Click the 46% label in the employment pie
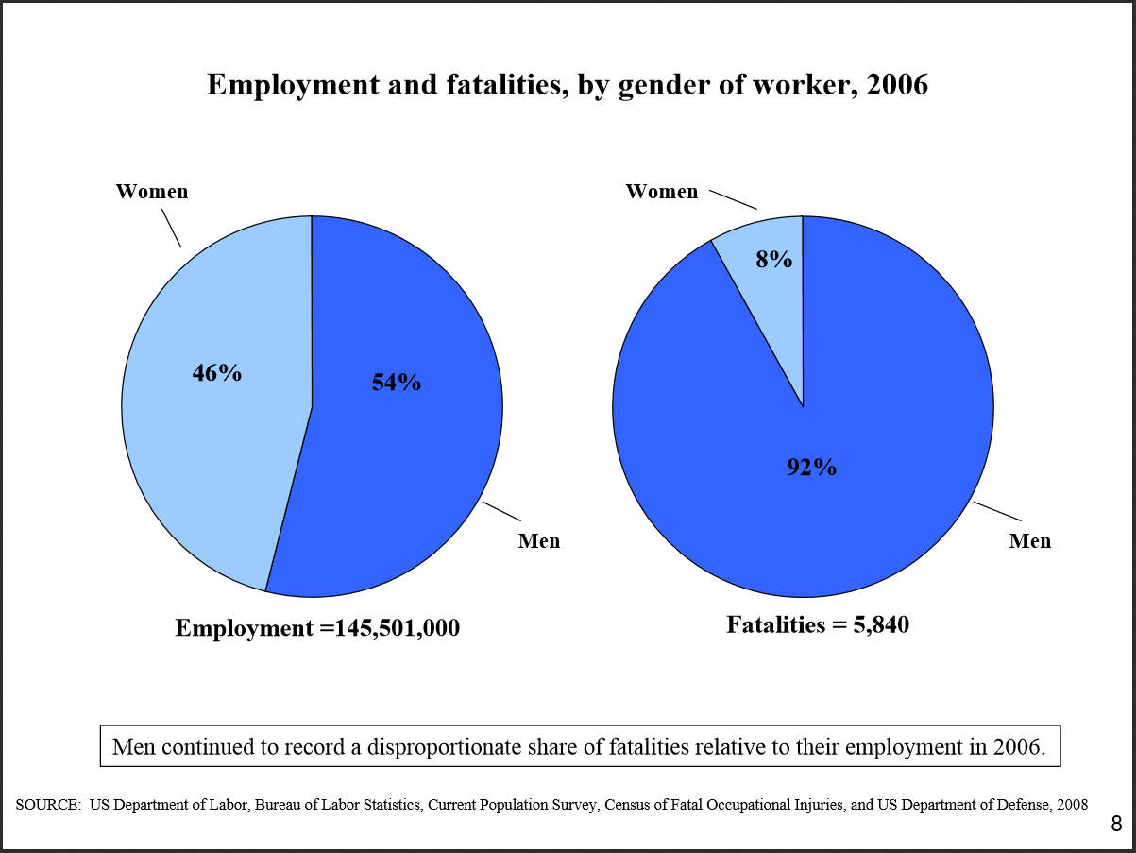[217, 373]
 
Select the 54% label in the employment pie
[397, 382]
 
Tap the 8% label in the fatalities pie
[774, 259]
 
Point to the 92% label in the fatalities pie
[811, 467]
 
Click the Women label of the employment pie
[152, 192]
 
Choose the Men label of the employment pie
[539, 541]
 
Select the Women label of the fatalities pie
[662, 192]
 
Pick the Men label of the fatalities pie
[1030, 541]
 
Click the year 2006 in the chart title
[897, 85]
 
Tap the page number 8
[1116, 825]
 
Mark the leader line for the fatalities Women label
[733, 199]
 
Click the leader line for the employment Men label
[501, 511]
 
